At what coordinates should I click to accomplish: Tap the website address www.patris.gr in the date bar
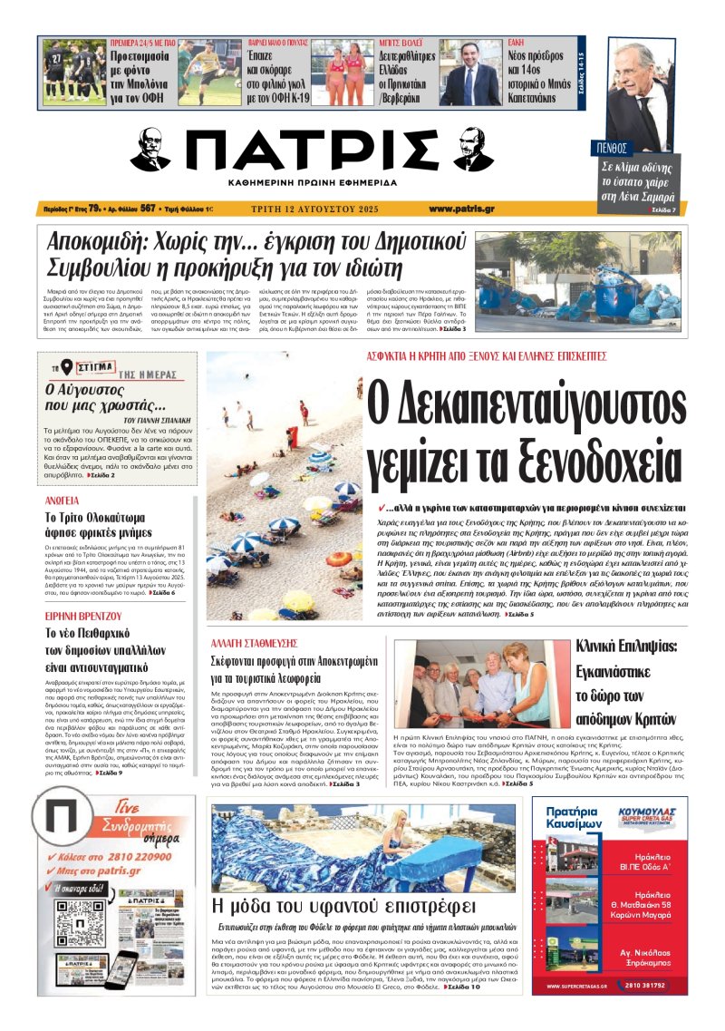coord(461,209)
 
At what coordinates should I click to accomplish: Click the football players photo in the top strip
coord(73,72)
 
